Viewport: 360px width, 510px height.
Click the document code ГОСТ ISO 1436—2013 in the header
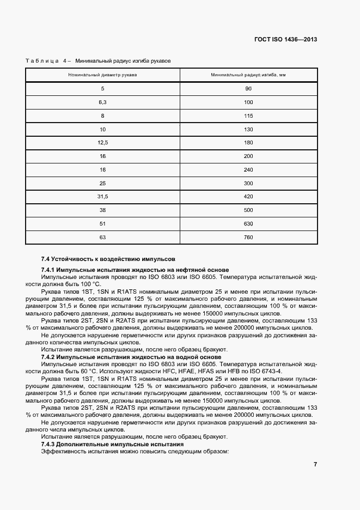pos(286,40)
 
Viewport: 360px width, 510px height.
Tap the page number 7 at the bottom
pos(315,464)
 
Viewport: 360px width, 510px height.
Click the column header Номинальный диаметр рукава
pos(102,75)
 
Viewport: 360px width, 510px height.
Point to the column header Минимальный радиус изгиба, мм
pos(248,75)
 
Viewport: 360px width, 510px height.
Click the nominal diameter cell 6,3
pos(102,102)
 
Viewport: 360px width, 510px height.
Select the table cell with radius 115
pos(248,116)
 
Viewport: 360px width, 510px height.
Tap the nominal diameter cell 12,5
pos(102,142)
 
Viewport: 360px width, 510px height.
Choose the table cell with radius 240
pos(248,169)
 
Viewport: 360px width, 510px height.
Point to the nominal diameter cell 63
pos(102,238)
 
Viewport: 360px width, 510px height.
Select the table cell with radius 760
pos(248,238)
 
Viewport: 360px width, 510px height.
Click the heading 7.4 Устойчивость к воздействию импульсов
pos(108,258)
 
